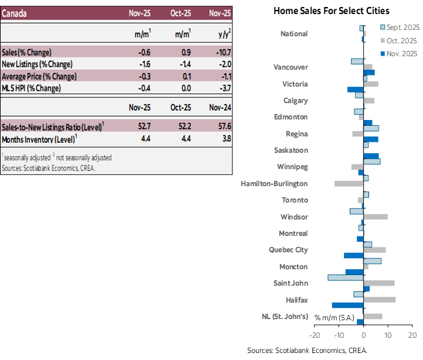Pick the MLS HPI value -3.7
coord(223,88)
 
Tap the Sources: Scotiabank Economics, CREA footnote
coord(48,168)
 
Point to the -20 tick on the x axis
coord(314,335)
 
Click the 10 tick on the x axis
coord(388,335)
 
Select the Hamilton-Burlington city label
coord(274,184)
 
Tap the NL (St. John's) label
coord(285,317)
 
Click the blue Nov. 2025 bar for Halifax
coord(347,306)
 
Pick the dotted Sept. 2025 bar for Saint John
coord(345,277)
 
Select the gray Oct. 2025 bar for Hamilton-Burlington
coord(349,184)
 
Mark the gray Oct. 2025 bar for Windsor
coord(376,217)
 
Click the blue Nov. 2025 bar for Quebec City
coord(353,256)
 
